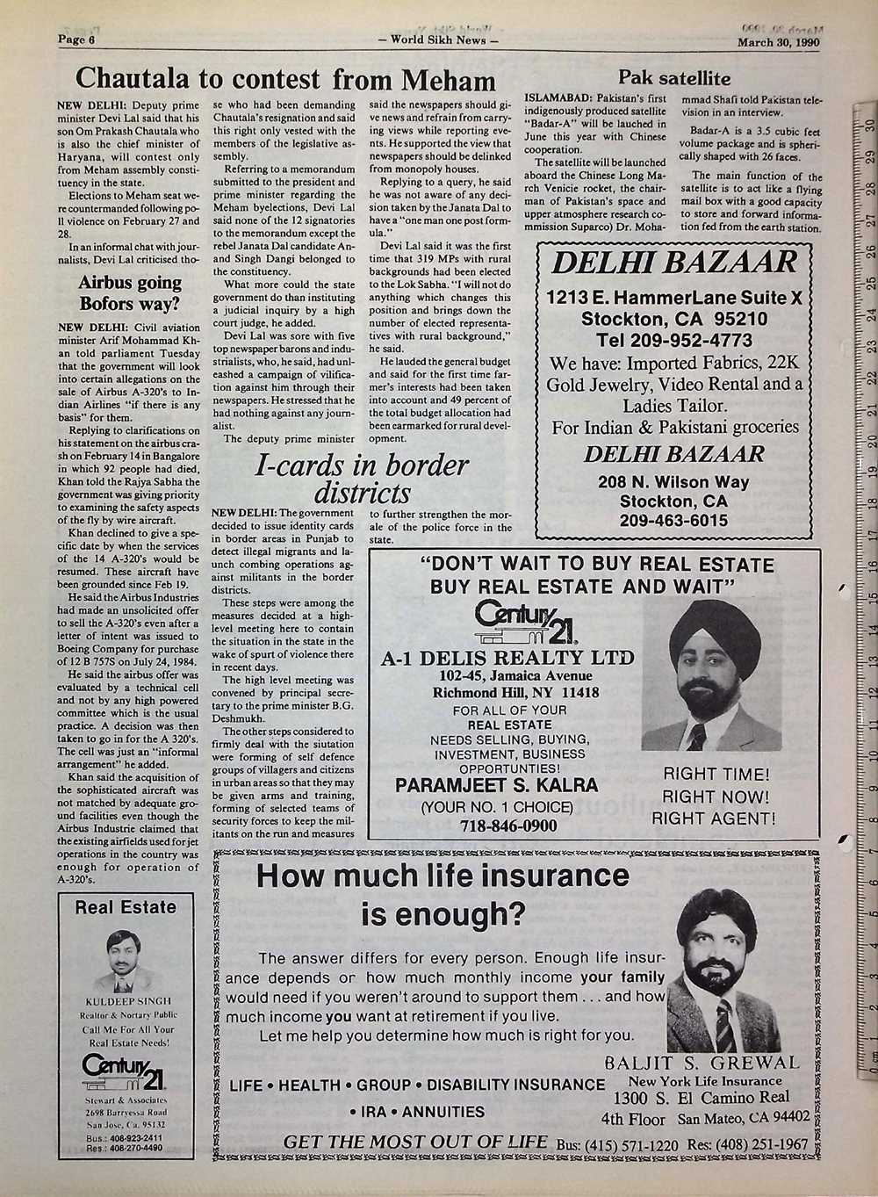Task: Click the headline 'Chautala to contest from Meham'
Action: [285, 80]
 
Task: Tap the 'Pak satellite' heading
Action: [674, 76]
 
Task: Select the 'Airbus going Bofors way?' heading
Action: [130, 293]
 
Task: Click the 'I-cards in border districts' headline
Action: [361, 477]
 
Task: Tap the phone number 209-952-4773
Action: [673, 340]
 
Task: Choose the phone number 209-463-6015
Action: [673, 521]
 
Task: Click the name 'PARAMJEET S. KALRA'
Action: [497, 784]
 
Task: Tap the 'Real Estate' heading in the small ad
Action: [126, 907]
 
